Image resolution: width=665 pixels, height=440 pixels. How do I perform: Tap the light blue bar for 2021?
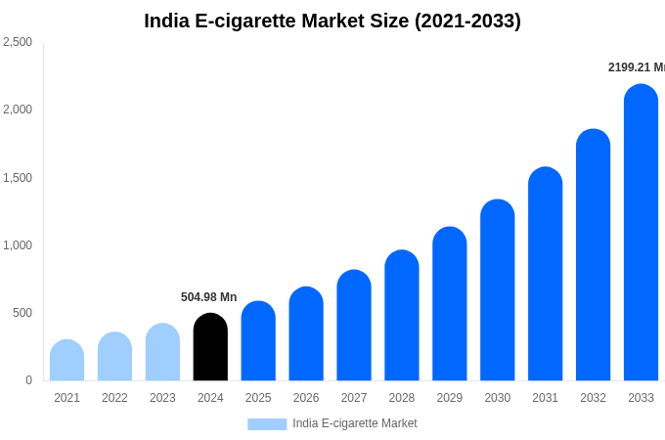click(66, 361)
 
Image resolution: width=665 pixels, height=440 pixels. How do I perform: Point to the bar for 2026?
click(306, 334)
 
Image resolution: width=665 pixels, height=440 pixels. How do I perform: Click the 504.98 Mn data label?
click(208, 297)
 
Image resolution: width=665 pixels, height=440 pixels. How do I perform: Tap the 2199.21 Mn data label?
click(636, 67)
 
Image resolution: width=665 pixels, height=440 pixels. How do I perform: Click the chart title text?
click(332, 21)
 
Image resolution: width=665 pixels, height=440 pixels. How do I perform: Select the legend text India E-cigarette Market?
click(354, 423)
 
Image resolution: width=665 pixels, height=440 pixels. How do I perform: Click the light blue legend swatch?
click(267, 424)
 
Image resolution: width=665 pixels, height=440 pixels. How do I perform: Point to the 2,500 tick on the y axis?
click(18, 42)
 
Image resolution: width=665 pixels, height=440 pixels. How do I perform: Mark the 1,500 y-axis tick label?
click(18, 178)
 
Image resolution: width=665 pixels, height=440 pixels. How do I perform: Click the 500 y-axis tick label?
click(22, 313)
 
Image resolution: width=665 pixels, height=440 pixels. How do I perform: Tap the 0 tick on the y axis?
click(28, 380)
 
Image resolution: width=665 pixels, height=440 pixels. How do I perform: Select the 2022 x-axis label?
click(114, 398)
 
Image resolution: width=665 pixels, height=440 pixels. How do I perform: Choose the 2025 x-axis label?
click(258, 398)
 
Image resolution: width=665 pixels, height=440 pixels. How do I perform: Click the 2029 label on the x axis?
click(450, 398)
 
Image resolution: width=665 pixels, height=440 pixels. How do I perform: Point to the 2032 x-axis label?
click(593, 398)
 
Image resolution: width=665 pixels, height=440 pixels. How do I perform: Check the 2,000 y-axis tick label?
click(18, 110)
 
